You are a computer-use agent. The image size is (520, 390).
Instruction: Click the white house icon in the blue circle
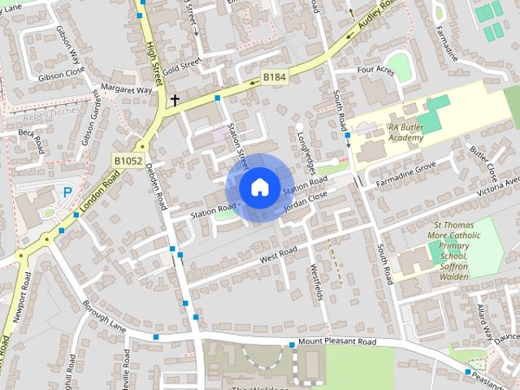point(258,187)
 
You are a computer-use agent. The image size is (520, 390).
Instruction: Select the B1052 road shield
point(127,162)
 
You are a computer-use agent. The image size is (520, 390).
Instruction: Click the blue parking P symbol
point(67,193)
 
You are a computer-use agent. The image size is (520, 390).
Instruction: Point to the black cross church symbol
point(174,100)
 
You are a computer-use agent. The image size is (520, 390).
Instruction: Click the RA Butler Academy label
point(406,132)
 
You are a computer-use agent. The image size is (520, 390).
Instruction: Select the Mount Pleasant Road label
point(337,342)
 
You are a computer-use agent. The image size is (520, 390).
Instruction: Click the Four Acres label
point(375,71)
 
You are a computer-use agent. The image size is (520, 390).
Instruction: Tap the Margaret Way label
point(126,89)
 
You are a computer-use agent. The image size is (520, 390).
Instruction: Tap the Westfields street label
point(318,280)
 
